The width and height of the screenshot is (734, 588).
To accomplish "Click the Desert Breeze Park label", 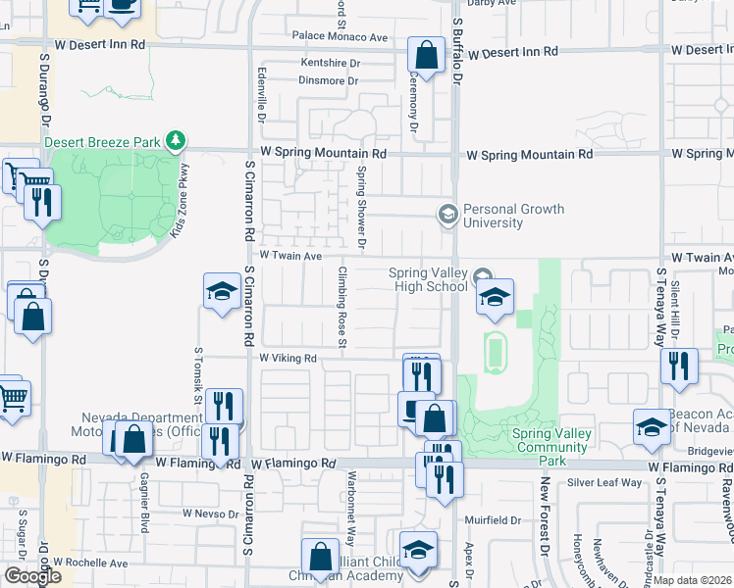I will (x=102, y=142).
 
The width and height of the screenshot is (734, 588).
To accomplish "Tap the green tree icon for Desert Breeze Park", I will (x=176, y=142).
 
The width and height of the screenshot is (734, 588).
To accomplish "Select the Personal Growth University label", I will (x=513, y=216).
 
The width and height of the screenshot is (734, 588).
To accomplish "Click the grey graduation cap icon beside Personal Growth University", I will (x=447, y=214).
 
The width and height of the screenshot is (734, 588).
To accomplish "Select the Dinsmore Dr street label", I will (x=330, y=81).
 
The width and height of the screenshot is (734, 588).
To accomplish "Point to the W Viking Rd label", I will (x=288, y=359).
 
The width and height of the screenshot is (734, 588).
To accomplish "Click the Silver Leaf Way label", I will (x=604, y=482).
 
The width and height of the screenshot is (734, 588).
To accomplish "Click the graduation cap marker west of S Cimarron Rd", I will (x=223, y=291).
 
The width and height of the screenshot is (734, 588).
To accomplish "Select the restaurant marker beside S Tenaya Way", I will (x=678, y=367).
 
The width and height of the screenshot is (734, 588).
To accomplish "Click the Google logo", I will (x=31, y=576).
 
